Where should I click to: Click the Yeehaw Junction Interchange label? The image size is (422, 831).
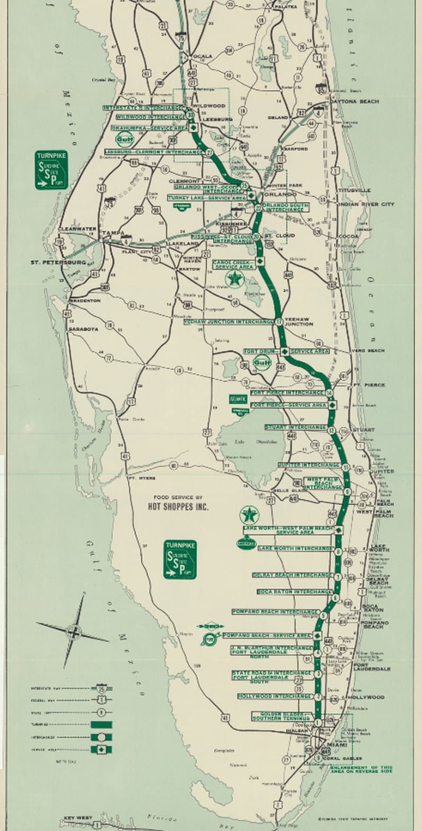228,322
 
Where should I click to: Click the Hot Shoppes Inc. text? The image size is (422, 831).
178,507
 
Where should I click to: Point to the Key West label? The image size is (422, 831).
78,818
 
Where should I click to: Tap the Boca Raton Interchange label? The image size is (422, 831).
294,592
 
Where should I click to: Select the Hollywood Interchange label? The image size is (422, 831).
274,696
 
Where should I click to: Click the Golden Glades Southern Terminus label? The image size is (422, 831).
281,716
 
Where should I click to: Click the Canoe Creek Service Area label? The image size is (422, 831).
233,264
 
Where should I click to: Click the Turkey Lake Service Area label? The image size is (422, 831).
207,197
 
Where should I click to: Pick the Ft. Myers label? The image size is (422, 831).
142,478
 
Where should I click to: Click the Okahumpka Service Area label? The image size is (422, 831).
150,128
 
